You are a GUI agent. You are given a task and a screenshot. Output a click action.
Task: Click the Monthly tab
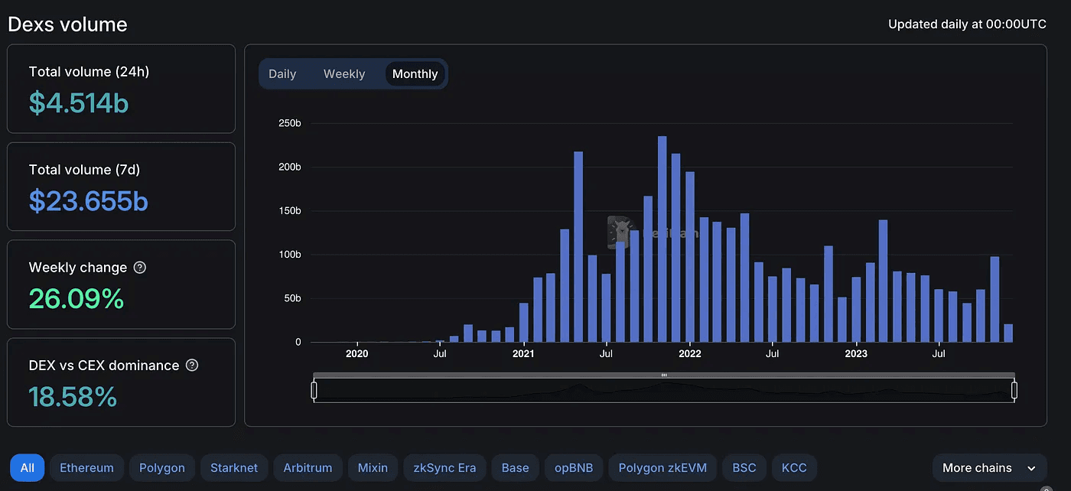415,74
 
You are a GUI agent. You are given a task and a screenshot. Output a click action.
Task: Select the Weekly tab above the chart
344,74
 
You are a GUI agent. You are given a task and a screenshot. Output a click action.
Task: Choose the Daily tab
282,74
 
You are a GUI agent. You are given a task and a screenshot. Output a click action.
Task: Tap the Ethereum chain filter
86,468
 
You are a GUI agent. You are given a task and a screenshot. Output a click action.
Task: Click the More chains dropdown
989,468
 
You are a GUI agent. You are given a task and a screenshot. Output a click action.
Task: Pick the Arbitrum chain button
308,468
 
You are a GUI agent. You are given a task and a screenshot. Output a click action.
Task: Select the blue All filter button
28,468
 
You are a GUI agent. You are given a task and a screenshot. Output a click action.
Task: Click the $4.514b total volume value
79,102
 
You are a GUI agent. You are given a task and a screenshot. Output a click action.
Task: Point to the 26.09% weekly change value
76,298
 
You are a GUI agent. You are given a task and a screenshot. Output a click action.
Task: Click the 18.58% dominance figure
73,396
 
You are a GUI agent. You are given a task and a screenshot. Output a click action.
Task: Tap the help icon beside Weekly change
139,268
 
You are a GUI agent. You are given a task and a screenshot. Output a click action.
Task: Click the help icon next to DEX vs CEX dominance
192,366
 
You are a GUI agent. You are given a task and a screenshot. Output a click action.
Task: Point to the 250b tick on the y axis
288,123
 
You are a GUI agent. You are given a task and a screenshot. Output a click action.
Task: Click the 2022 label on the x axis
689,354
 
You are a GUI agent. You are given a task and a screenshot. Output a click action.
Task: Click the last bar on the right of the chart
1008,333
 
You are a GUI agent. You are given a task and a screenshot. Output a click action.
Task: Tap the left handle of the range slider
314,390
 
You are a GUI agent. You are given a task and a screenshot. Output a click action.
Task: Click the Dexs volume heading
67,24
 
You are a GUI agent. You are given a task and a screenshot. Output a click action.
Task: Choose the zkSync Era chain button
444,468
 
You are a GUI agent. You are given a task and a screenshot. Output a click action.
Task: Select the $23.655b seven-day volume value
89,200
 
